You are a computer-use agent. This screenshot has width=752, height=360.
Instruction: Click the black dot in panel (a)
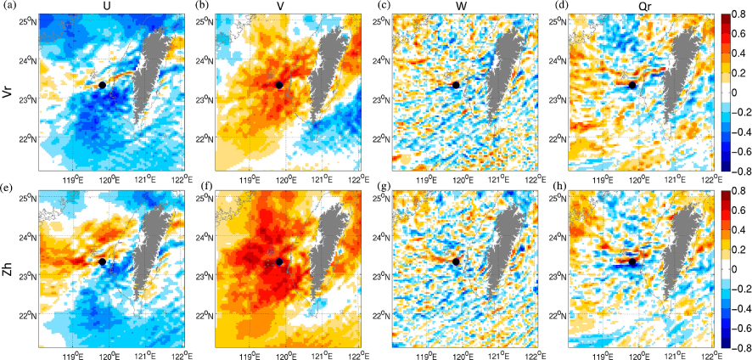click(102, 85)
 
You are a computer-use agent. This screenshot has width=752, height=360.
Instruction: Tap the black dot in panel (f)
click(279, 262)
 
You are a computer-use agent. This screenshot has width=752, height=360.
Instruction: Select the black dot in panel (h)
click(632, 262)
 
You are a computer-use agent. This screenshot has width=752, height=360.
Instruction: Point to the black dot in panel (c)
click(456, 85)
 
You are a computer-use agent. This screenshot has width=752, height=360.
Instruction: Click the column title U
click(112, 7)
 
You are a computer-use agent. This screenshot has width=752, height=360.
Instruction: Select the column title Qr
click(638, 7)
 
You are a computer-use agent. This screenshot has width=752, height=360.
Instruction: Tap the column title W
click(463, 7)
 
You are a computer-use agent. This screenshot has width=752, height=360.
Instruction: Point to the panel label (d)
click(536, 7)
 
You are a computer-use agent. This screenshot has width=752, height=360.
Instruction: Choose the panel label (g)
click(359, 186)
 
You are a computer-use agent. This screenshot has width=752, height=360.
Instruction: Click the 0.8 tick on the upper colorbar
click(741, 16)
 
